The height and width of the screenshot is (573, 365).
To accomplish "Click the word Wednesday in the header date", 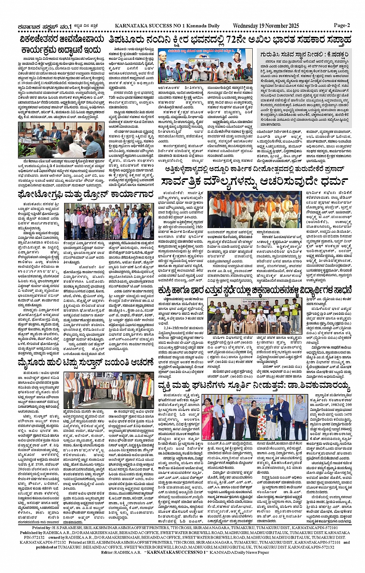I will click(x=246, y=26).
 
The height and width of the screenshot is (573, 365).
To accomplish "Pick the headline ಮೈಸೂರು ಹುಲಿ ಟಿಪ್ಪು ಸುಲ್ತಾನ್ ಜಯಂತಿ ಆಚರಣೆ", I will click(x=85, y=352).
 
